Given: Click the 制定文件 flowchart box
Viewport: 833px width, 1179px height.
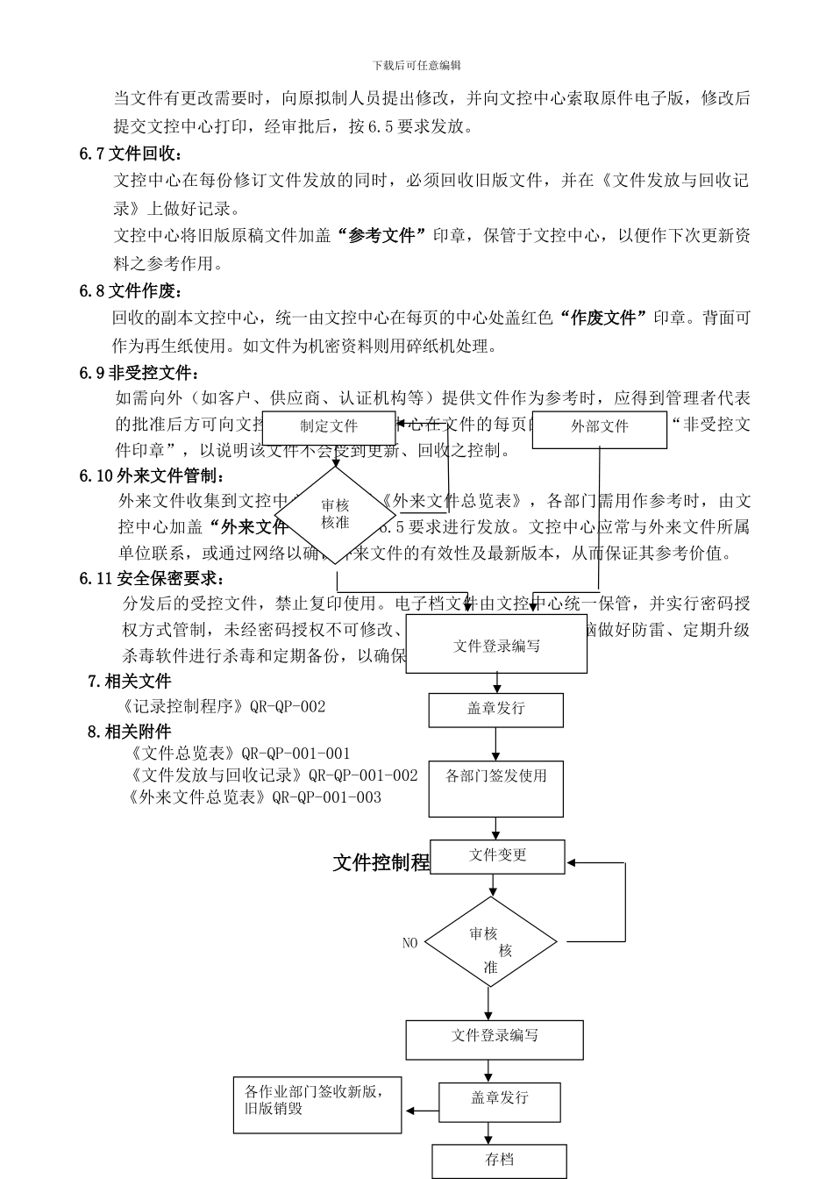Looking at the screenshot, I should (x=329, y=427).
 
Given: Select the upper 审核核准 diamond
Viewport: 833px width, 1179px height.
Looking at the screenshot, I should (x=336, y=515).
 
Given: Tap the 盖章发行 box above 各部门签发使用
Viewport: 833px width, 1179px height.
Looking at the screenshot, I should (x=495, y=710).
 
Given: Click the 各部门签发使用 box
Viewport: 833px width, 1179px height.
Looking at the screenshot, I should (x=495, y=788).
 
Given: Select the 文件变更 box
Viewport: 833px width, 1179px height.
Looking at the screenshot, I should (x=497, y=856).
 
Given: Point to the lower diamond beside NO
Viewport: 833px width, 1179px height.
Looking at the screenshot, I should (x=491, y=943).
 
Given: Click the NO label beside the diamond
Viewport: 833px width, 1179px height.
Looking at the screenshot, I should (x=409, y=943).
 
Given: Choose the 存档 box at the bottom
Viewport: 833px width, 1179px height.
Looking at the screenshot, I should (x=499, y=1161).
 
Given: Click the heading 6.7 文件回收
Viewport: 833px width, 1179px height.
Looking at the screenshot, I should (x=132, y=154).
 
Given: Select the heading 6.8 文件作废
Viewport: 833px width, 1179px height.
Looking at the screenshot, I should (x=132, y=291).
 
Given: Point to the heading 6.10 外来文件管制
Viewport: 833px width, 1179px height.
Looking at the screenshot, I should (x=152, y=476).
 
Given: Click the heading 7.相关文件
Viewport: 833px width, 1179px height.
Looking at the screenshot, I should (x=130, y=681).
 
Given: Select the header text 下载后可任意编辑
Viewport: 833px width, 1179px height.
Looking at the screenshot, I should (x=416, y=66).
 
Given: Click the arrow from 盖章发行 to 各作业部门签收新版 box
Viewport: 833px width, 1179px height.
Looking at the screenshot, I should (x=422, y=1111).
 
